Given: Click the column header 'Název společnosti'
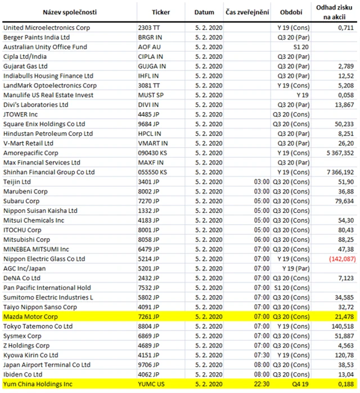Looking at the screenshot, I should (69, 12).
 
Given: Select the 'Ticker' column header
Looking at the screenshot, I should (161, 12).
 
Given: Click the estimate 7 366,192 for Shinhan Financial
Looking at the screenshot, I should (336, 172).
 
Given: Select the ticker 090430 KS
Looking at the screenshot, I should (153, 153).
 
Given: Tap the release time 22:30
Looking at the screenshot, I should (261, 384).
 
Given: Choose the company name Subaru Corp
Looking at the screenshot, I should (21, 201).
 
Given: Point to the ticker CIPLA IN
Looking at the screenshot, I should (150, 56).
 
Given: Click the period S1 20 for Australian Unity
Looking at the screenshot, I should (292, 47).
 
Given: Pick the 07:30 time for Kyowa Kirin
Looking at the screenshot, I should (261, 355).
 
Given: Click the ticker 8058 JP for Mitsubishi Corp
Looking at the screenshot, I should (149, 239).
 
